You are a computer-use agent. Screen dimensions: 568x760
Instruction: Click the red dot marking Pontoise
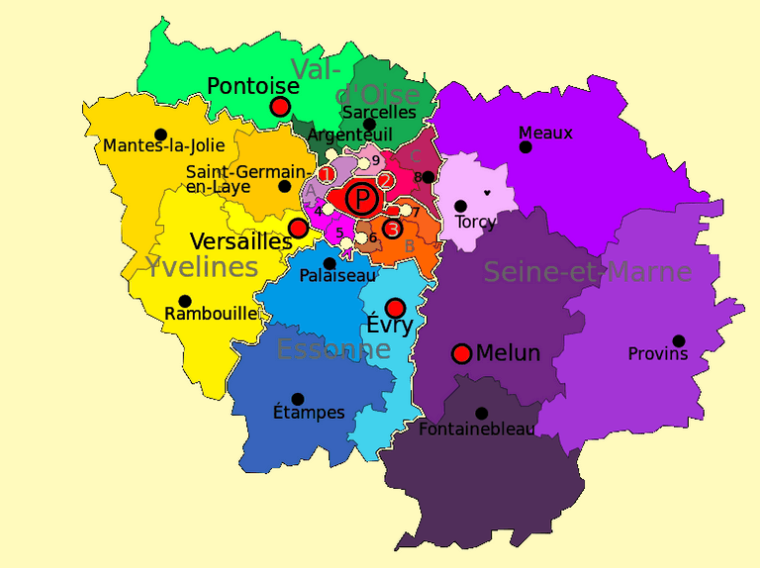coord(280,106)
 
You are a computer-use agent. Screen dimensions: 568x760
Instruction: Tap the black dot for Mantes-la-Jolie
coord(160,135)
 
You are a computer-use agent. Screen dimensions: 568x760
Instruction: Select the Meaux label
coord(545,133)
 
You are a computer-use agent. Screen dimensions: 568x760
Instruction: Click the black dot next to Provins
coord(679,340)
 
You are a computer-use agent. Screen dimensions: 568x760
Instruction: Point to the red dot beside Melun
coord(461,353)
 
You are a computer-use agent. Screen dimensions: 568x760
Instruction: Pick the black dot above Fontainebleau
coord(481,413)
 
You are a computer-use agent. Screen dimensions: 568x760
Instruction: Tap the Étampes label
coord(309,413)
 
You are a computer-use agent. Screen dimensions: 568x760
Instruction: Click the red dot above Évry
coord(395,308)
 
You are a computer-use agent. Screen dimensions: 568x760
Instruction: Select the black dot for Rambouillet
coord(185,301)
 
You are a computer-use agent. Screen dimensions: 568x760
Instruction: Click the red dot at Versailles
coord(297,228)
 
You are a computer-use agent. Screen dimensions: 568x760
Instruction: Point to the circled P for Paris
coord(364,201)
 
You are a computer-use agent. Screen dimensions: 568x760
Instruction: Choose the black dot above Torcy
coord(460,206)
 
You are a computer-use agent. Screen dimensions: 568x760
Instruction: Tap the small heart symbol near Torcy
coord(486,193)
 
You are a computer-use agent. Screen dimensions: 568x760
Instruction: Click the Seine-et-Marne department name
coord(587,272)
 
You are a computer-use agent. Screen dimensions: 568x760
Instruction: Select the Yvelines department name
coord(202,266)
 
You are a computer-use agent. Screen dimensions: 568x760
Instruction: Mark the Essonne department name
coord(333,349)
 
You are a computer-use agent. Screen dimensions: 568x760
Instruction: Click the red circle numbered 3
coord(393,230)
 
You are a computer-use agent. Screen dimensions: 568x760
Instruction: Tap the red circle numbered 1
coord(326,174)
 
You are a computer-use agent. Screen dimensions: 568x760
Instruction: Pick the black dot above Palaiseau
coord(330,263)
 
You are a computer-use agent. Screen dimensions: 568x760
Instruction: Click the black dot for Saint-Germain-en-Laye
coord(285,186)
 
